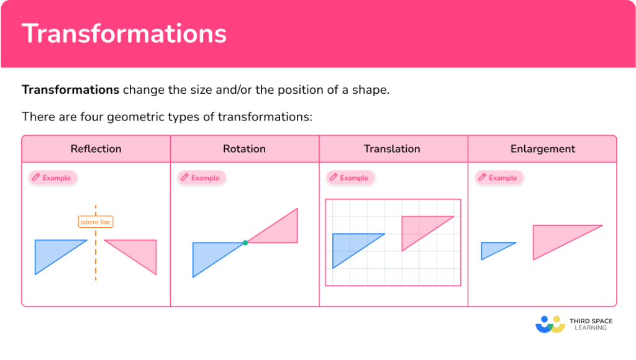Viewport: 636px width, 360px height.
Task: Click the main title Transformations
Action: coord(124,34)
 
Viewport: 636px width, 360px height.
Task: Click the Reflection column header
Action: coord(96,149)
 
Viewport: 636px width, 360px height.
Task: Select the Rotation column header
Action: coord(244,149)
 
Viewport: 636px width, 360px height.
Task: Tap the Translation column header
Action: coord(392,149)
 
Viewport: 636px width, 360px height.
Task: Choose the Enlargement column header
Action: coord(542,149)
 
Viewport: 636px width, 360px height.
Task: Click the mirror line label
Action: coord(96,222)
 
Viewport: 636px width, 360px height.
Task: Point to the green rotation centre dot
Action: coord(245,243)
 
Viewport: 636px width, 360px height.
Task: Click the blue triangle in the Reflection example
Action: coord(53,251)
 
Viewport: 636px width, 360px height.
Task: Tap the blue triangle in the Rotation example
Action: coord(211,254)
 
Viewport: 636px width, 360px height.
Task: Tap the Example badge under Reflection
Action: coord(53,178)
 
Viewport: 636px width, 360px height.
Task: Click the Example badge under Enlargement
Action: coord(499,178)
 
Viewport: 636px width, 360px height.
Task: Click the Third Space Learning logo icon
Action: coord(550,324)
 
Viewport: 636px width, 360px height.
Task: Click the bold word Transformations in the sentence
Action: coord(70,89)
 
